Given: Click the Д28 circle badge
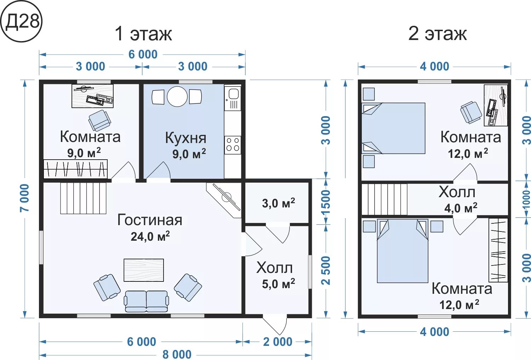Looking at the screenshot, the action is (x=21, y=21).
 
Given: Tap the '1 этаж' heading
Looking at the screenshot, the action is (x=143, y=34).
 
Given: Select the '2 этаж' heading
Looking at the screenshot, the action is (x=438, y=34).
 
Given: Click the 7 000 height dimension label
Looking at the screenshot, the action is (x=24, y=198).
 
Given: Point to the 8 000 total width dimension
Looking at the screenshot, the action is (x=177, y=355).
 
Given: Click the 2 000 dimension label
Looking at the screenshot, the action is (x=278, y=342).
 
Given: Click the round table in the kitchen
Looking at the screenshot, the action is (x=177, y=96).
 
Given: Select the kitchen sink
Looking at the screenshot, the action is (x=233, y=98).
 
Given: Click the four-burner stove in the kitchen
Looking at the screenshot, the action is (x=233, y=145).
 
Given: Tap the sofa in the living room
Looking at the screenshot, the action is (x=147, y=301).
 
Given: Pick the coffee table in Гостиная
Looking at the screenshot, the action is (x=144, y=270).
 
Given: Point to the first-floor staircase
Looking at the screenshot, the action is (x=83, y=198).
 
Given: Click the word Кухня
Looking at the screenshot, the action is (x=185, y=138).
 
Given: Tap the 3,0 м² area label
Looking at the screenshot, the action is (x=279, y=203).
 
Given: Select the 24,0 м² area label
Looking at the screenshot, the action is (x=150, y=236).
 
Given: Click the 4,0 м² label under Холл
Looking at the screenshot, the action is (x=461, y=208).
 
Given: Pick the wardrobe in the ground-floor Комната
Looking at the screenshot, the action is (x=75, y=169).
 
